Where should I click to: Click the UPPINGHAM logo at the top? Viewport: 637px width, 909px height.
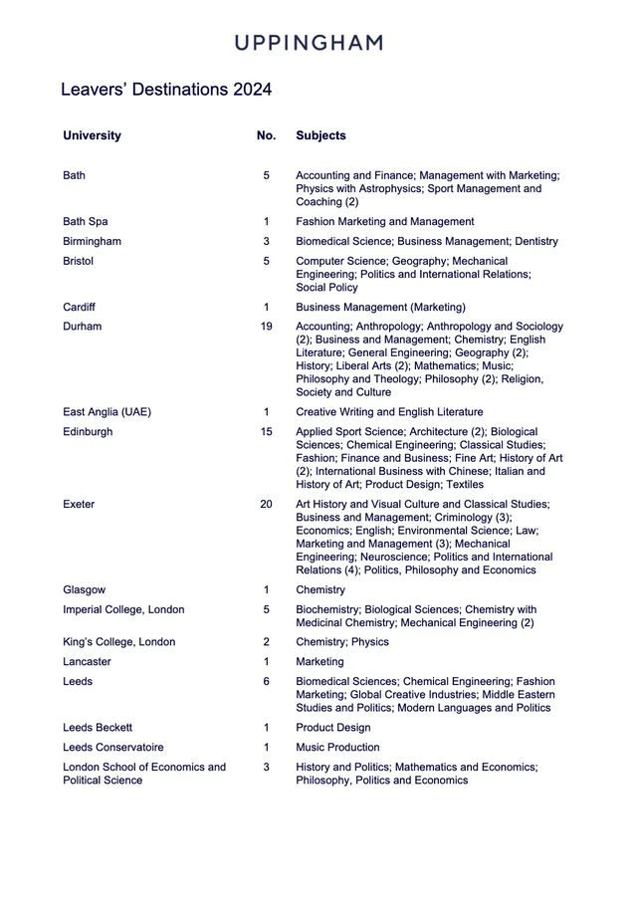(x=309, y=43)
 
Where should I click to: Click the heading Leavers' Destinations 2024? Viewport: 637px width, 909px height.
(x=166, y=90)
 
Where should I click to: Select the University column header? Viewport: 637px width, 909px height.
(x=92, y=135)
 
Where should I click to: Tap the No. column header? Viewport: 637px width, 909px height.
(x=266, y=135)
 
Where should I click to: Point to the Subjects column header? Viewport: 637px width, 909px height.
(x=320, y=135)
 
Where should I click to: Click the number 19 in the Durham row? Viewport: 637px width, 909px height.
(x=266, y=327)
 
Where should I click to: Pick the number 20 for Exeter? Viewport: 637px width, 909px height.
(x=266, y=505)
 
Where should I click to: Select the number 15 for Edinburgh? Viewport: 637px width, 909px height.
(x=266, y=432)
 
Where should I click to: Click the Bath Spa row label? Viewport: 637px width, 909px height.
(x=86, y=222)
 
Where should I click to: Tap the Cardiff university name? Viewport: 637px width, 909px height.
(x=80, y=308)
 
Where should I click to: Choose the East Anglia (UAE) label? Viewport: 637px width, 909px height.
(x=107, y=412)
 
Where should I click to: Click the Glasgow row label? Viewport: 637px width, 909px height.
(x=84, y=590)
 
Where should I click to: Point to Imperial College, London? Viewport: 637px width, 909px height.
(x=123, y=610)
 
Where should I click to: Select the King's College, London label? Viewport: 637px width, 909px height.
(x=118, y=642)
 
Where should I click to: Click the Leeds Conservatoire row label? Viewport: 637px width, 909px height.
(x=113, y=748)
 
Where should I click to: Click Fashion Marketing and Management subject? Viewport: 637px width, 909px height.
(x=384, y=222)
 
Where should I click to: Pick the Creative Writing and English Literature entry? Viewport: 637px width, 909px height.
(x=389, y=412)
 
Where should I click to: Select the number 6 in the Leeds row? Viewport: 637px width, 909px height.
(x=266, y=682)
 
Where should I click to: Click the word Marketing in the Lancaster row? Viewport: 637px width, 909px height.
(x=319, y=662)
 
